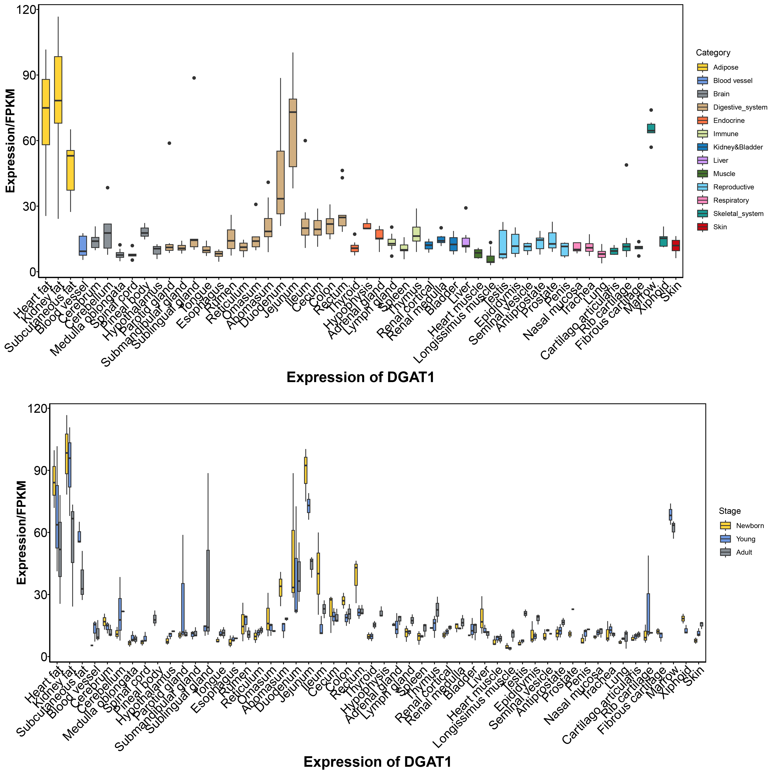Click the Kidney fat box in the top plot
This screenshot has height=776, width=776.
[x=58, y=90]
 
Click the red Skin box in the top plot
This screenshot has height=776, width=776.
[x=676, y=245]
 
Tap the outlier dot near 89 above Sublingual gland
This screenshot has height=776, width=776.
[x=194, y=78]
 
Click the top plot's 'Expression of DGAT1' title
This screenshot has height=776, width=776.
[x=360, y=377]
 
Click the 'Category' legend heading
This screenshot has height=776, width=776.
[x=713, y=53]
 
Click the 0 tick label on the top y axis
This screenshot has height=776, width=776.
[x=32, y=272]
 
